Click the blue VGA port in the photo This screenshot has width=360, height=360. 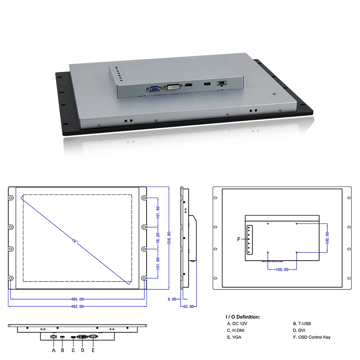[x=155, y=89]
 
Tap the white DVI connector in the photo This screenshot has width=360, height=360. [x=174, y=87]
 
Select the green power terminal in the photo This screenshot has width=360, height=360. [x=222, y=83]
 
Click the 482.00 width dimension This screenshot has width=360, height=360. [x=77, y=306]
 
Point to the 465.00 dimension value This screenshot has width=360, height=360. [x=77, y=299]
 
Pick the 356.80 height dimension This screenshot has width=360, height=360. [x=169, y=238]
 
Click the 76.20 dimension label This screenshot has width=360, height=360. [x=158, y=238]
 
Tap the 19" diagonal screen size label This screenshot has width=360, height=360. [x=75, y=241]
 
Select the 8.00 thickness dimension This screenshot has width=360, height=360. [x=172, y=299]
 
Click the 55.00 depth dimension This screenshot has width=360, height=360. [x=189, y=306]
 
